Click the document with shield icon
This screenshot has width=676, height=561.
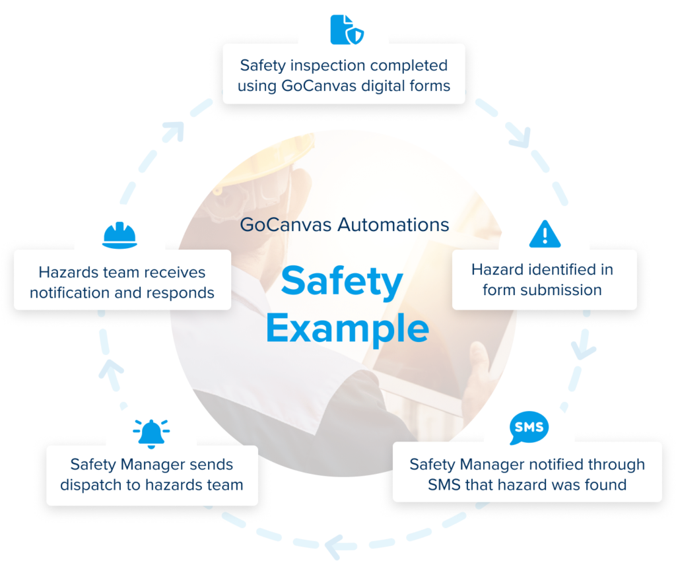tap(347, 30)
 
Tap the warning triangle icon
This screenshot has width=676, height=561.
tap(545, 234)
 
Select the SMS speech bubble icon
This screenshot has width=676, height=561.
tap(529, 428)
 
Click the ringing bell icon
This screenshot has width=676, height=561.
tap(151, 434)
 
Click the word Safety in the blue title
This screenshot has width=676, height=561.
tap(342, 282)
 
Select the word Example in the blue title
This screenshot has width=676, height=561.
tap(347, 329)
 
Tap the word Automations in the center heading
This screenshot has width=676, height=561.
tap(393, 224)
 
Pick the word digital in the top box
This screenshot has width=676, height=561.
tap(377, 86)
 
